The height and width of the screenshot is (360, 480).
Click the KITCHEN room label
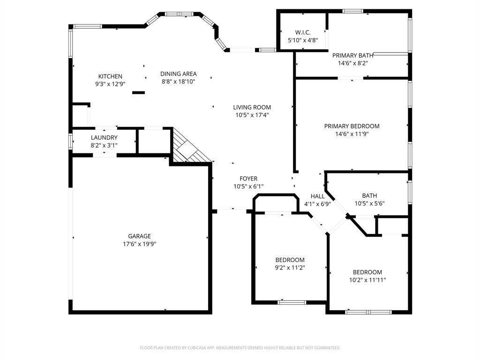click(x=110, y=76)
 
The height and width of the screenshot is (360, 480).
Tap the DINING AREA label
click(x=179, y=74)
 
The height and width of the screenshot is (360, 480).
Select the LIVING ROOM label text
click(x=252, y=107)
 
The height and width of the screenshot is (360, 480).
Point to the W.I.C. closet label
click(x=303, y=32)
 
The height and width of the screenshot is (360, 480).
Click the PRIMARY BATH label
click(x=353, y=55)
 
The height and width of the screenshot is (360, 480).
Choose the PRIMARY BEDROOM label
click(x=352, y=126)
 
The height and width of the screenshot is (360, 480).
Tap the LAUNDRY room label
click(x=104, y=137)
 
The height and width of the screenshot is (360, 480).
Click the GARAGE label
click(x=140, y=236)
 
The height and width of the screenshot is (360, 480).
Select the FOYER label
click(x=248, y=179)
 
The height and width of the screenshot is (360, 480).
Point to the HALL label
click(x=317, y=196)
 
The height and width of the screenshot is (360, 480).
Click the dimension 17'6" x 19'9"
click(x=140, y=244)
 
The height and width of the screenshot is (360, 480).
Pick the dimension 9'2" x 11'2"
click(x=290, y=268)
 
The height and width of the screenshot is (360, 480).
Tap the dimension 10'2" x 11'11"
click(x=367, y=280)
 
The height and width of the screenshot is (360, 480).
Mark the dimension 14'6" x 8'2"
click(x=353, y=63)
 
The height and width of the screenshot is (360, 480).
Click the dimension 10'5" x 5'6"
click(x=369, y=203)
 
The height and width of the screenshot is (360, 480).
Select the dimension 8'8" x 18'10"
click(x=179, y=81)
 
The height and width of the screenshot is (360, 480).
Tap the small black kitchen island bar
click(x=138, y=92)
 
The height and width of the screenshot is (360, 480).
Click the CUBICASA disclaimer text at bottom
click(x=240, y=348)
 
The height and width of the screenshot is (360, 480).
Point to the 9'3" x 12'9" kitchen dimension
click(x=110, y=84)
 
